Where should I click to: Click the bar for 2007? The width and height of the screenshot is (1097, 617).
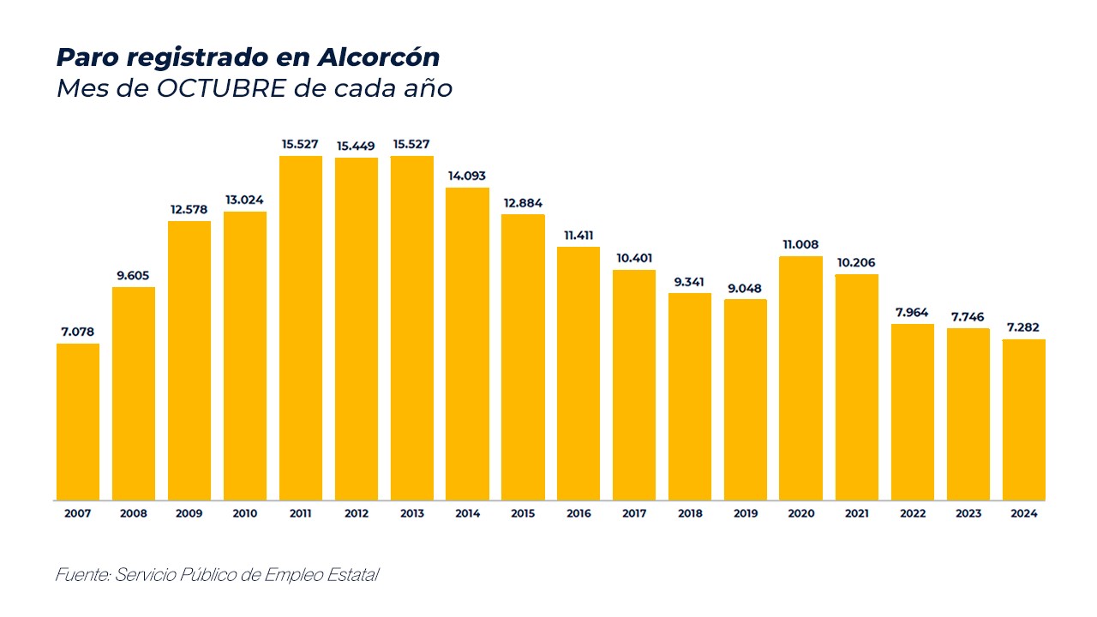(78, 422)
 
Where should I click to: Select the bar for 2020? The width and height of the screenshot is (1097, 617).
(800, 378)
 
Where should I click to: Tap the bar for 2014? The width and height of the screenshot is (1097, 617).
(467, 344)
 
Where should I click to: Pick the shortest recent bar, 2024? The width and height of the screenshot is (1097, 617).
(1023, 420)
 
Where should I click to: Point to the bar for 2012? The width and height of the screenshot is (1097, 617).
(356, 329)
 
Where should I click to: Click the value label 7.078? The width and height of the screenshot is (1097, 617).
(78, 331)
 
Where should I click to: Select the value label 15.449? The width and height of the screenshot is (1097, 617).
(356, 146)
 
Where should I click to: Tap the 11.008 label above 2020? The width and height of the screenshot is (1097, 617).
(800, 244)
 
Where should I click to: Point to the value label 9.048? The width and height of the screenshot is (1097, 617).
(745, 288)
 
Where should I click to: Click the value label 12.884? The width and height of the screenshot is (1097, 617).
(523, 203)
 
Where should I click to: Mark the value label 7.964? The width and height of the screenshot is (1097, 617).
(912, 312)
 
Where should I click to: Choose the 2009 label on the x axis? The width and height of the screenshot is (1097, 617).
(189, 514)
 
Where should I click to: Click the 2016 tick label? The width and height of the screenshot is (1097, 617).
(578, 514)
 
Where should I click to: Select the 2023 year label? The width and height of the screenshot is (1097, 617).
(968, 514)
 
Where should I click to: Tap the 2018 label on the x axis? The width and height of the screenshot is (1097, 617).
(689, 514)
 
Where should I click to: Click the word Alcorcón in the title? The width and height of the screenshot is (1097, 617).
(378, 57)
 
